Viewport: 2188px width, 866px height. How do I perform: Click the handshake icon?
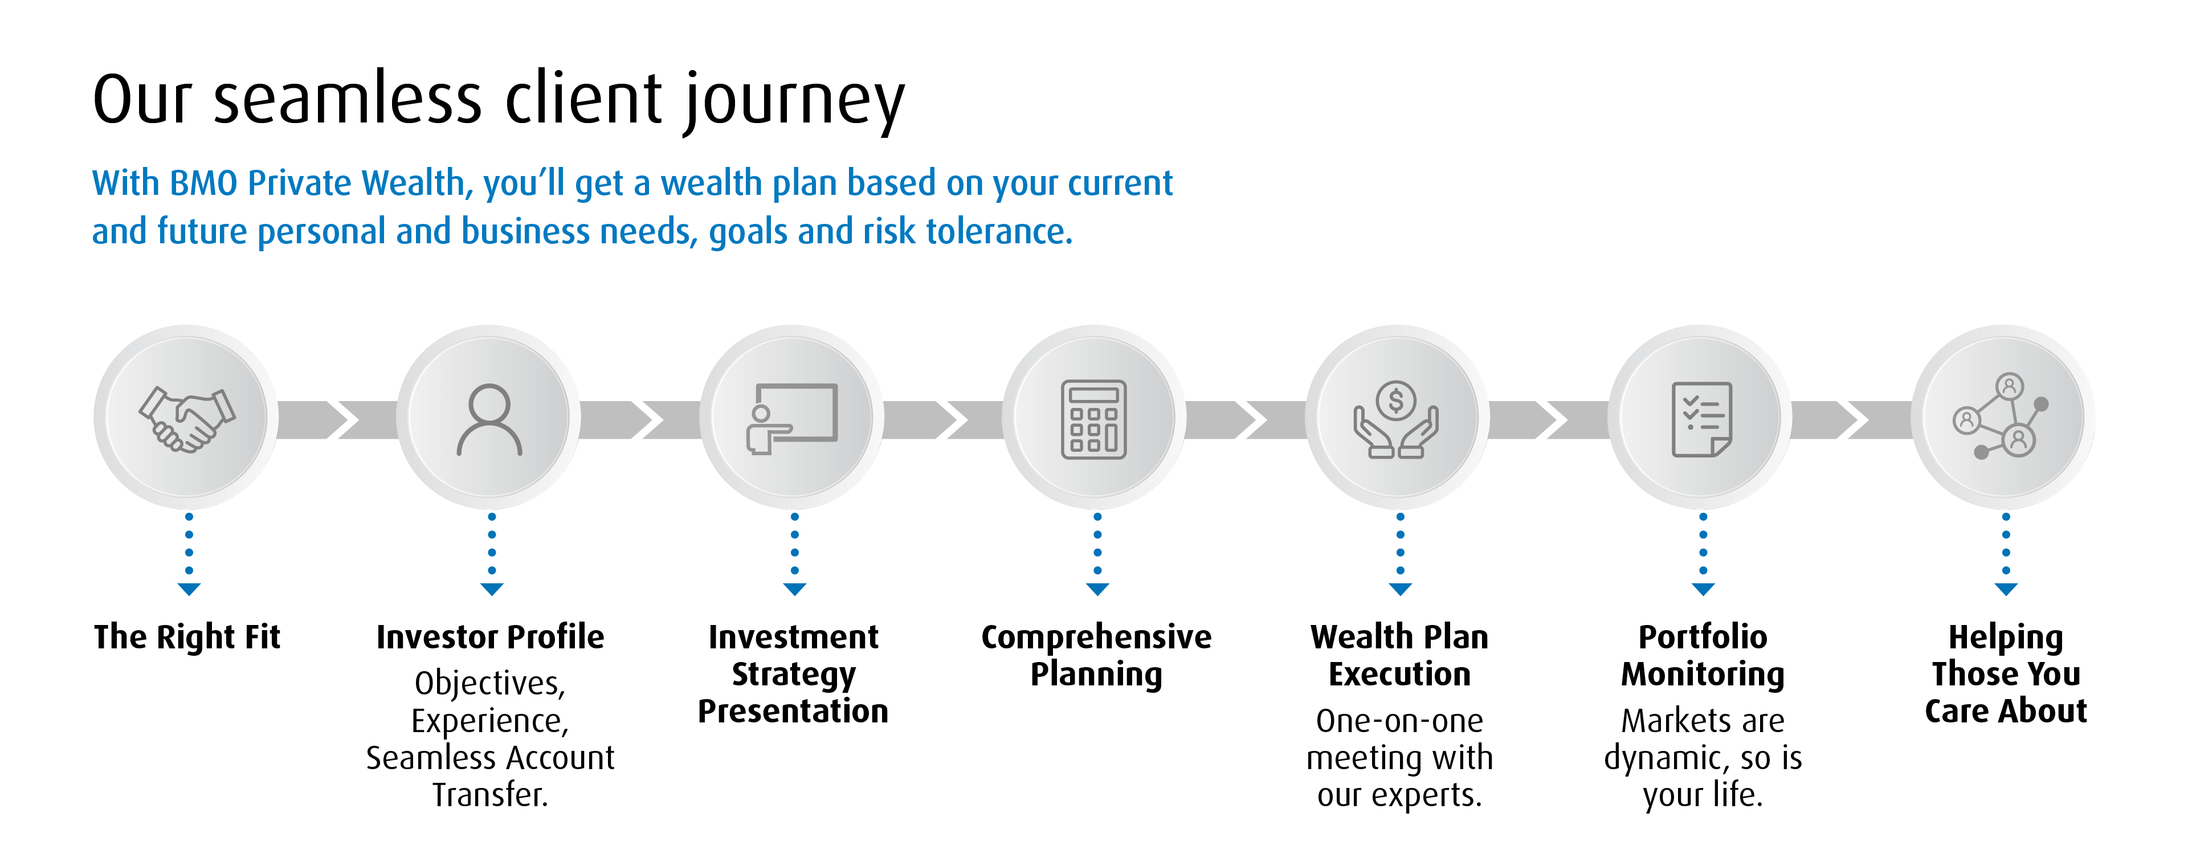[x=187, y=419]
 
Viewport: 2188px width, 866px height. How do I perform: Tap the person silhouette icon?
[x=489, y=419]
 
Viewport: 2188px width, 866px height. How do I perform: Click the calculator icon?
[x=1094, y=419]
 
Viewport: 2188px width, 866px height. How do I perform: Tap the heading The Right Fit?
[x=187, y=637]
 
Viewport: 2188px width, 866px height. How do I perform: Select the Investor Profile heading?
[x=490, y=637]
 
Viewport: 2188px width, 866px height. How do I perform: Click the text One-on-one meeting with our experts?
[x=1399, y=757]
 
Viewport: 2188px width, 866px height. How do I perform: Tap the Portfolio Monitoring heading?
[x=1702, y=655]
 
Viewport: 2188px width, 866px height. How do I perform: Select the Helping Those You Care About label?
[x=2006, y=673]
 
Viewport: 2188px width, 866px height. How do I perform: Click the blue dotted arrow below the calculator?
[x=1097, y=552]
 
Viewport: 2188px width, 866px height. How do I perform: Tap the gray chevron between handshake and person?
[x=337, y=419]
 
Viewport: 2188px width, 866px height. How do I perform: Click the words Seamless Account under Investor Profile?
[x=490, y=757]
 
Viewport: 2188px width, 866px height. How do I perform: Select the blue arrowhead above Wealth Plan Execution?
[x=1401, y=589]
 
